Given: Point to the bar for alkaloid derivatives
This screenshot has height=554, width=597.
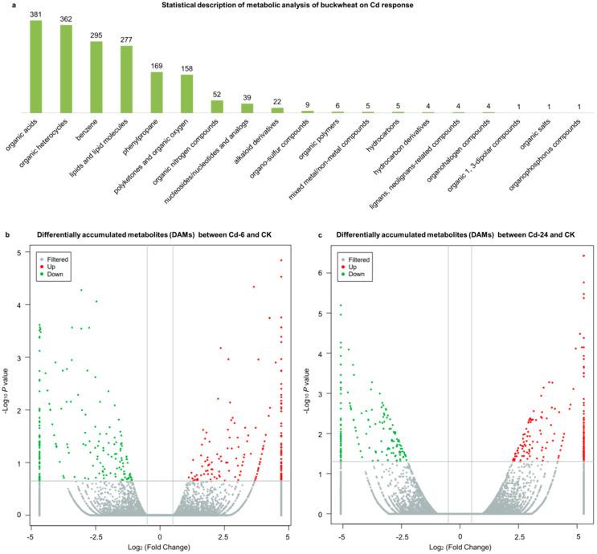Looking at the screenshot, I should tap(277, 109).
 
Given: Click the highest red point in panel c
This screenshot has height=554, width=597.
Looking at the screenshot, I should tap(583, 256).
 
